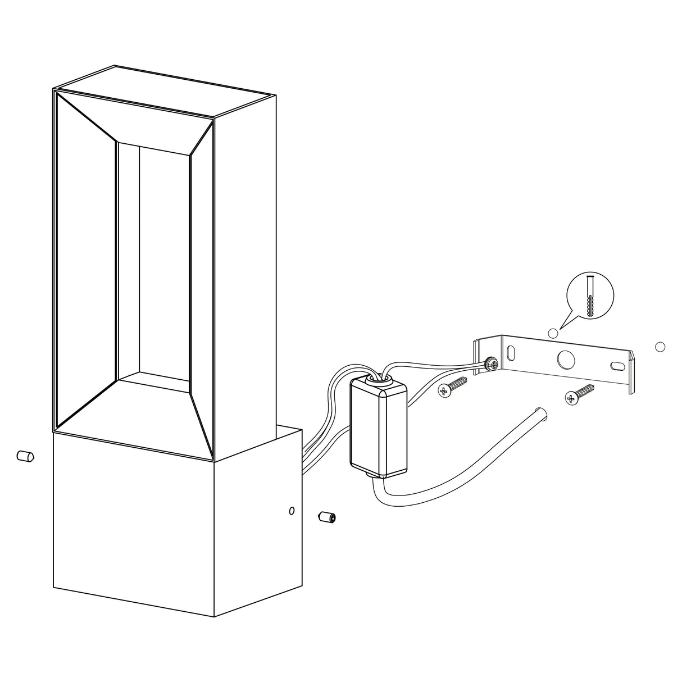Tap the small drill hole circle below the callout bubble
(553, 334)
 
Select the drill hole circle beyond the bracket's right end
(660, 347)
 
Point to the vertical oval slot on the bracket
(511, 353)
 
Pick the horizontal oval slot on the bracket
(616, 365)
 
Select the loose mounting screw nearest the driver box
(453, 387)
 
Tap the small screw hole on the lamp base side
(291, 511)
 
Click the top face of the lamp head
(163, 91)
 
